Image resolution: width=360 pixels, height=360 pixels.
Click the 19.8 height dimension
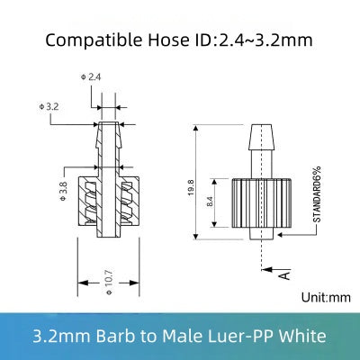tap(191, 191)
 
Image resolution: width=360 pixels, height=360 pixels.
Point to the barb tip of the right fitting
tap(257, 126)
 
